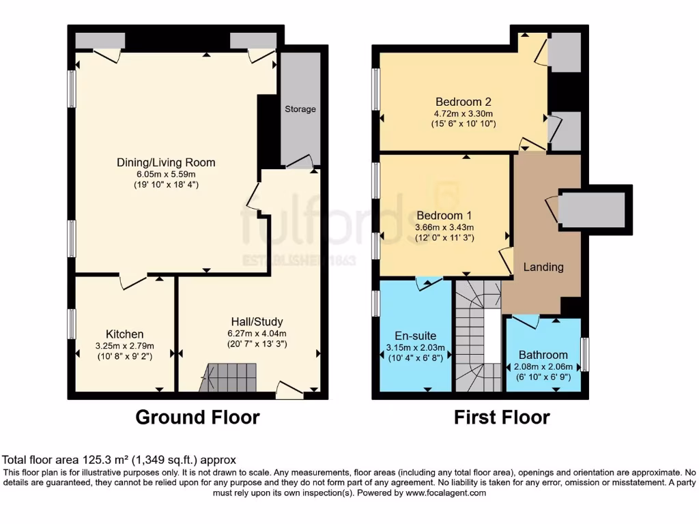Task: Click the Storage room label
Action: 300,109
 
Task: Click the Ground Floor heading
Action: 198,417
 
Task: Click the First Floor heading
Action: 502,417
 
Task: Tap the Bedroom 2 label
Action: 463,102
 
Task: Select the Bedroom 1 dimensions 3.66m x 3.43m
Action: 444,227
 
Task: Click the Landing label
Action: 543,267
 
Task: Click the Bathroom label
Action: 543,355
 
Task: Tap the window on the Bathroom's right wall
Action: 585,355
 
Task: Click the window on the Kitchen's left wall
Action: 71,323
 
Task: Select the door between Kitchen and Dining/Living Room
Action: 133,280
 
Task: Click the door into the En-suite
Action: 429,282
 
